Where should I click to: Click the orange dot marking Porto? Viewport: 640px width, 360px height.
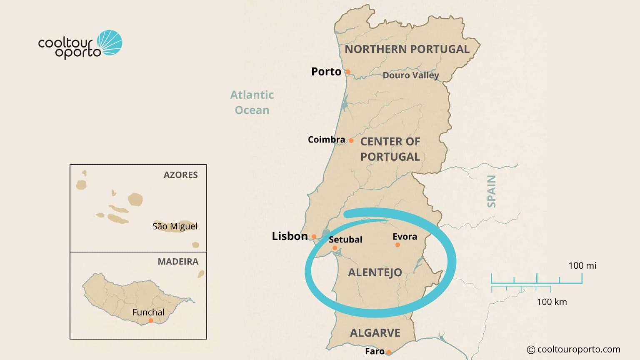pos(348,72)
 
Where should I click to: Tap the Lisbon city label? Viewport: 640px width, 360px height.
pos(290,236)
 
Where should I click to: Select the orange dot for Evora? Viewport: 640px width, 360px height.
pos(397,245)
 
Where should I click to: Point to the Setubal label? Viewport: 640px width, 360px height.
pos(345,240)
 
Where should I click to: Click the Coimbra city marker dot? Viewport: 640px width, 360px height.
pos(351,140)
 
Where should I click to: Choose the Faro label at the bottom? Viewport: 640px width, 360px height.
pos(375,351)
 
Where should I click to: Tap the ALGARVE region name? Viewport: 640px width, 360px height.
pos(375,333)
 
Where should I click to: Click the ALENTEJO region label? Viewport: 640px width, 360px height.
pos(375,272)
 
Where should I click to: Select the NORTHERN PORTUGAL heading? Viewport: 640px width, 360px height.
pos(407,49)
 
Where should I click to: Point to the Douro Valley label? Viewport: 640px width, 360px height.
pos(411,75)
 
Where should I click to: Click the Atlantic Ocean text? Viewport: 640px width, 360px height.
pos(252,102)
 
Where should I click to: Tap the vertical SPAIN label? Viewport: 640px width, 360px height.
pos(492,191)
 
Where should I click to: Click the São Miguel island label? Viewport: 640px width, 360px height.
pos(175,226)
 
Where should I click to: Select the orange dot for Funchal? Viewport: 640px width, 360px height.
pos(151,320)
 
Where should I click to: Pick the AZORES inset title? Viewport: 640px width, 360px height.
pos(180,175)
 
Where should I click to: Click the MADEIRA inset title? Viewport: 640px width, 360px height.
pos(178,262)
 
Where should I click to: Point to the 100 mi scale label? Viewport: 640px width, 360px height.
pos(582,265)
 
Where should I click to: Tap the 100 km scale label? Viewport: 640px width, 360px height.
pos(552,302)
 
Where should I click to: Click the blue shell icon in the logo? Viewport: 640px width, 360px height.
pos(110,42)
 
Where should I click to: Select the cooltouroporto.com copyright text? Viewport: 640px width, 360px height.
pos(574,350)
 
